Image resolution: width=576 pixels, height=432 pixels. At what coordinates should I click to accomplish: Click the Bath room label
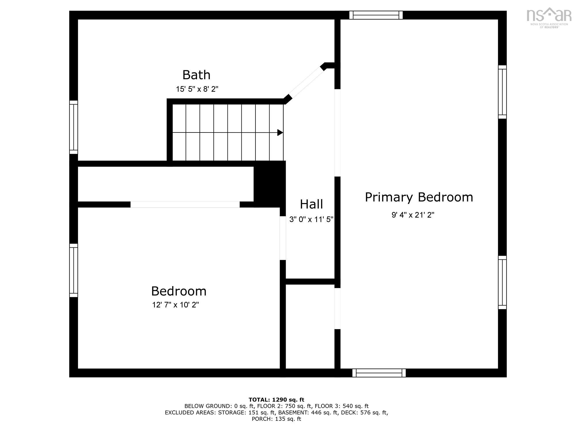[196, 75]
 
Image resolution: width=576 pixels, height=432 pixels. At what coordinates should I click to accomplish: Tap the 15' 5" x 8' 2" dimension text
[197, 89]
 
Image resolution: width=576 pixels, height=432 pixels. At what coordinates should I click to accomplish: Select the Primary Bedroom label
[419, 198]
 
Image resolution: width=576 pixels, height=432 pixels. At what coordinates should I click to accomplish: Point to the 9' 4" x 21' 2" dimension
[413, 215]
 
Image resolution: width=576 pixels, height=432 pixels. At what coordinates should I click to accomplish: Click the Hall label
[311, 204]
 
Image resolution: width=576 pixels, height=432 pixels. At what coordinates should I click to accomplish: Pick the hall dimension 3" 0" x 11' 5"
[311, 219]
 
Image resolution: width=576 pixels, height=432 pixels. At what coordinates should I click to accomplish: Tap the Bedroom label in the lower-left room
[179, 291]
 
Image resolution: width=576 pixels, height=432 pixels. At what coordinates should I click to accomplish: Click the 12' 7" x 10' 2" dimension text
[176, 305]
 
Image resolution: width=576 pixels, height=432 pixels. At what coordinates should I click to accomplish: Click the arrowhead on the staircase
[280, 132]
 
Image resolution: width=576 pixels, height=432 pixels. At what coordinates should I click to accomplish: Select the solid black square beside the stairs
[270, 184]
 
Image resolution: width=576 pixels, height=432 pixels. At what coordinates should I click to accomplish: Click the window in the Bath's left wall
[74, 127]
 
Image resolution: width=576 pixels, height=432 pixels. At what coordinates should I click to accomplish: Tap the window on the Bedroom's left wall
[74, 270]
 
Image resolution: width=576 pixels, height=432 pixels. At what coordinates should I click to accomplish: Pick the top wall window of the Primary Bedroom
[376, 15]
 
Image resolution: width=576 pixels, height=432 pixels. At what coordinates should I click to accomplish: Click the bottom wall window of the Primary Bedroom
[379, 373]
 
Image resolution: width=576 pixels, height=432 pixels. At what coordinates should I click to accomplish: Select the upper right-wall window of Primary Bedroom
[502, 92]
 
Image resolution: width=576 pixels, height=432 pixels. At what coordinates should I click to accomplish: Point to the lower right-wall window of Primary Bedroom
[502, 283]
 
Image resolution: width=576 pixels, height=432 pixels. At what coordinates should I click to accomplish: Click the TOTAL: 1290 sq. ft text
[276, 399]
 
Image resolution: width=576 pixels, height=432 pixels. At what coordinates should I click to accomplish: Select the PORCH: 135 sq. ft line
[276, 419]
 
